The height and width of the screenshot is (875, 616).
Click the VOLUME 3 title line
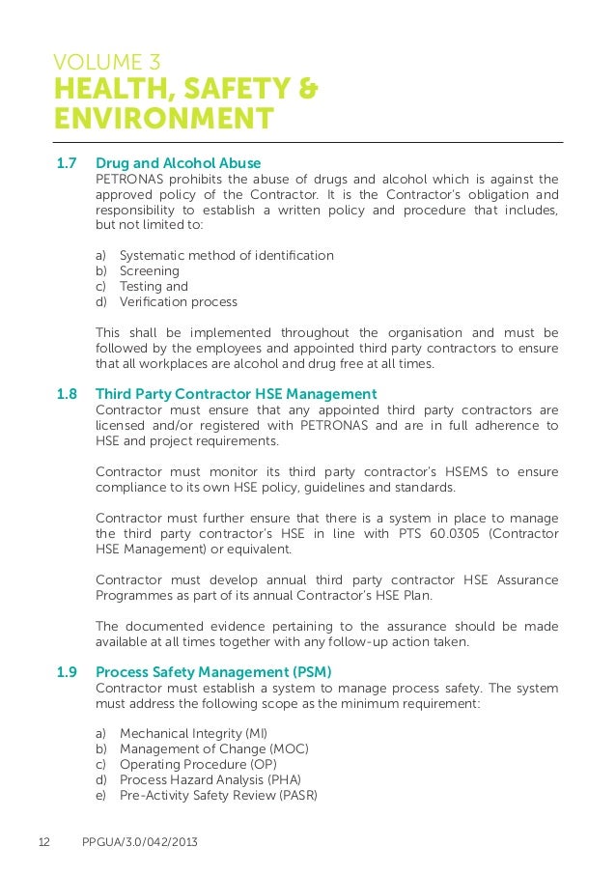(x=107, y=65)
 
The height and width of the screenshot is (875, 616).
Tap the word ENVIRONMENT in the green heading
(x=164, y=119)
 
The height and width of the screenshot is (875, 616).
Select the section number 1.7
(x=67, y=163)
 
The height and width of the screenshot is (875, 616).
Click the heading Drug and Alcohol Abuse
(x=178, y=163)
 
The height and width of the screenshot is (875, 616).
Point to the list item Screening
(x=149, y=271)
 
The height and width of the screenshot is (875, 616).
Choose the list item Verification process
(x=178, y=302)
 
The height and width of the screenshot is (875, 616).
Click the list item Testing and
(x=154, y=287)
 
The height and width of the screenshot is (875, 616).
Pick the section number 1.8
(x=67, y=394)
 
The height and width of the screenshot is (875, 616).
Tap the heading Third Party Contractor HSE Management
(x=236, y=394)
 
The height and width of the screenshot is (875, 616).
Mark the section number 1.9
(x=67, y=672)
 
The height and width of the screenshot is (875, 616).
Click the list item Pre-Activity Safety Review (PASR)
(x=218, y=796)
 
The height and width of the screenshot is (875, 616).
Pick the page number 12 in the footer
(x=44, y=843)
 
